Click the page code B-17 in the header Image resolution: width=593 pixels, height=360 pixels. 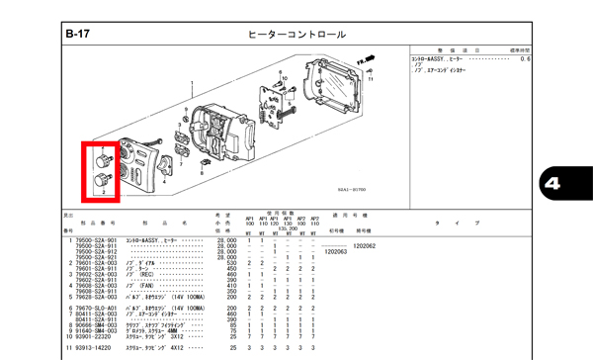pos(78,35)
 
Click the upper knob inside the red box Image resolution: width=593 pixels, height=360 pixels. pos(102,159)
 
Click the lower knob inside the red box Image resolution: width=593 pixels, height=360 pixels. pos(101,179)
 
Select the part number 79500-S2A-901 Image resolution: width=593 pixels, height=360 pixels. pos(96,240)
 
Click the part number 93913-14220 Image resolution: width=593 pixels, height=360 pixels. pos(96,348)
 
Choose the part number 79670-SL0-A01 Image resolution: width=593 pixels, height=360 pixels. pos(96,309)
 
